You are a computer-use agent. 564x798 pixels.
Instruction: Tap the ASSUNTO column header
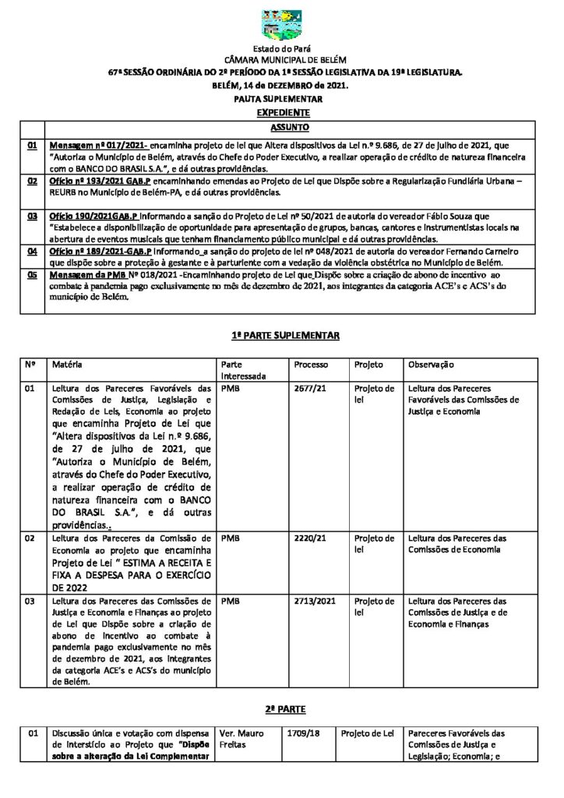click(290, 126)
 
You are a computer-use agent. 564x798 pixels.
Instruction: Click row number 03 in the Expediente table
click(33, 214)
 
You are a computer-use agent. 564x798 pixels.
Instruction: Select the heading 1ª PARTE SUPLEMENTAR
click(282, 334)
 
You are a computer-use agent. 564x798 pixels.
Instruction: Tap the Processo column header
click(311, 365)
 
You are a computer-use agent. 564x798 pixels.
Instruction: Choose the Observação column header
click(431, 365)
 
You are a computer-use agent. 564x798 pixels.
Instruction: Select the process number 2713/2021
click(313, 602)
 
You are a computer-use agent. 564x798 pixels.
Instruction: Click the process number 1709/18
click(301, 733)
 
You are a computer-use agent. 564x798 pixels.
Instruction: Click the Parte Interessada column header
click(243, 370)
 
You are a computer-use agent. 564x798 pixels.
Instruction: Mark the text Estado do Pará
click(281, 49)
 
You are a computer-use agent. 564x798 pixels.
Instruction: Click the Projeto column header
click(368, 365)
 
